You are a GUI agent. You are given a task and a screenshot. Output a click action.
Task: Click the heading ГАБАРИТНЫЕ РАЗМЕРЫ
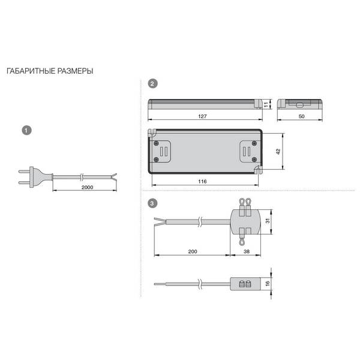tap(50, 71)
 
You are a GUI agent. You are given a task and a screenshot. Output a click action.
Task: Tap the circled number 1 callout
tap(26, 130)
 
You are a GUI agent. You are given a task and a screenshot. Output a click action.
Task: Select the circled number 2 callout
tap(152, 83)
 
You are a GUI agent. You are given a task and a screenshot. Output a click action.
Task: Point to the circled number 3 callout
tap(152, 203)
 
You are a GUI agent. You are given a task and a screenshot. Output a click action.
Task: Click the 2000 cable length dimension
tap(87, 187)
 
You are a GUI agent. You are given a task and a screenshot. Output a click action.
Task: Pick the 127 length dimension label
tap(202, 116)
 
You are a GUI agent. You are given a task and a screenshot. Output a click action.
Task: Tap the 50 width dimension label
tap(301, 116)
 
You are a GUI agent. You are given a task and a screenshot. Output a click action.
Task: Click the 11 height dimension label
tap(266, 104)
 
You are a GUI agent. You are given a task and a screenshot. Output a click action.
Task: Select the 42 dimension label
tap(278, 152)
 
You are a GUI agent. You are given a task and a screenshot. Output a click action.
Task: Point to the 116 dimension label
tap(202, 181)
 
